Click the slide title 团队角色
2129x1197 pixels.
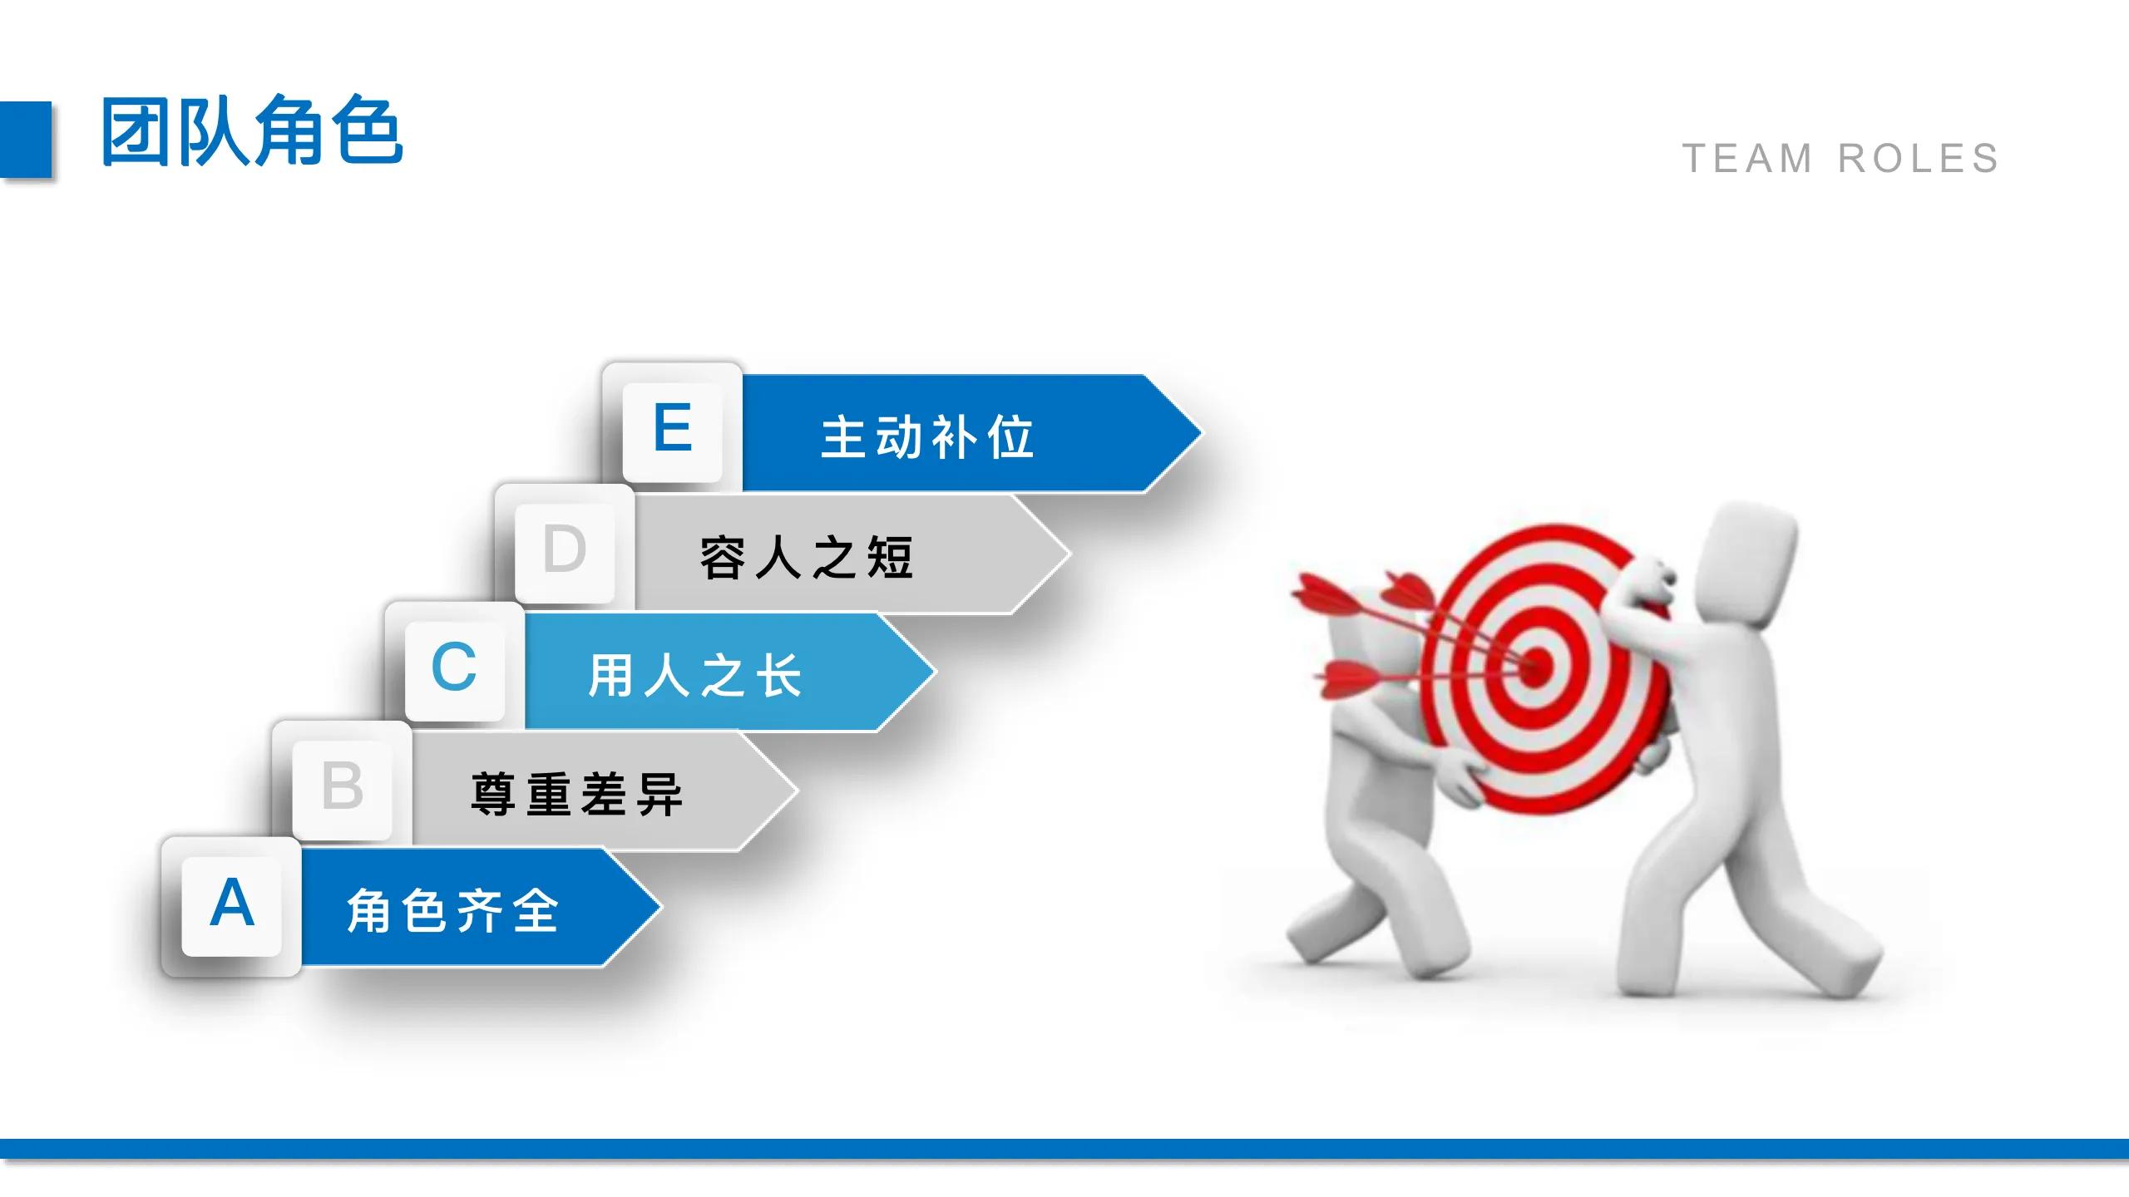pos(251,131)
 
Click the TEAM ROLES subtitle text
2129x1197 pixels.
pos(1840,159)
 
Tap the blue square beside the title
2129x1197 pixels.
pos(26,139)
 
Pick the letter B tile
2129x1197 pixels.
pos(342,786)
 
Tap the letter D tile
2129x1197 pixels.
pos(565,549)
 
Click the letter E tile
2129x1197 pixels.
pos(672,429)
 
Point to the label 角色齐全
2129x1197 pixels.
pos(452,911)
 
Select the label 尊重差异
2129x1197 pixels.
pos(576,794)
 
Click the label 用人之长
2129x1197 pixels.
pos(695,675)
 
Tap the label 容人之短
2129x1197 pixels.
pos(807,557)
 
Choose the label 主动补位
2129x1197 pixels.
pos(927,437)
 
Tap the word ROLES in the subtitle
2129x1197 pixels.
pos(1918,159)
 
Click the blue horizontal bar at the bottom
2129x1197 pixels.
pos(1064,1149)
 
